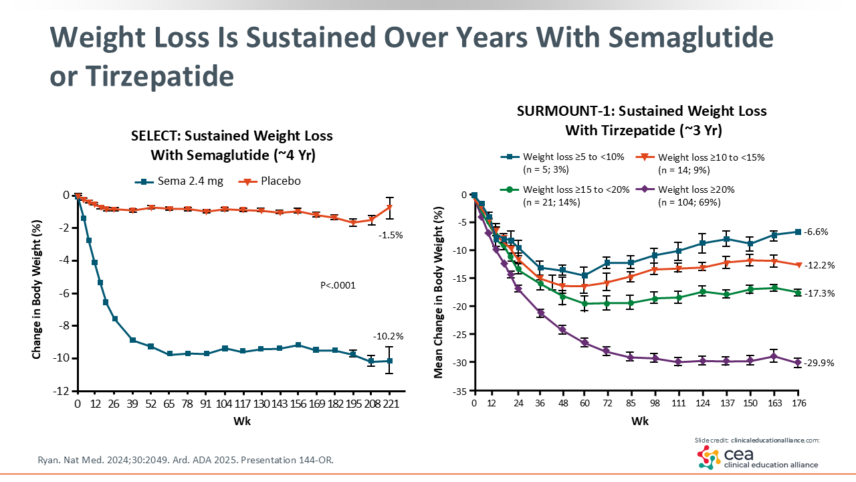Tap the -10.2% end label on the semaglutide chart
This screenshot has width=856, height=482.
389,336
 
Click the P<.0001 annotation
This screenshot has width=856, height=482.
338,285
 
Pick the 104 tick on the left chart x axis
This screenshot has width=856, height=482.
225,404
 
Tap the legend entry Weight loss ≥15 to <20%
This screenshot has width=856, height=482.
575,189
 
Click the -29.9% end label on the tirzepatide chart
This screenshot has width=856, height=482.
820,363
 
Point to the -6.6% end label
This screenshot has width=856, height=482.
817,232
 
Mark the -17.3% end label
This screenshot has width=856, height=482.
820,293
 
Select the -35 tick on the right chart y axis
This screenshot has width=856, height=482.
459,391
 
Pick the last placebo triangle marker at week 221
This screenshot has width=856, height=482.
389,208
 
